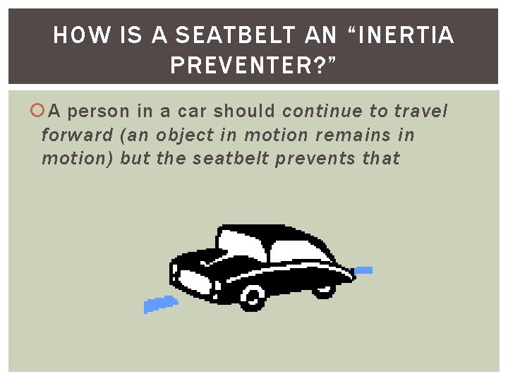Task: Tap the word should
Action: point(245,111)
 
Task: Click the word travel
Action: point(420,111)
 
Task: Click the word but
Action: point(135,158)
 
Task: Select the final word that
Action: point(382,158)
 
